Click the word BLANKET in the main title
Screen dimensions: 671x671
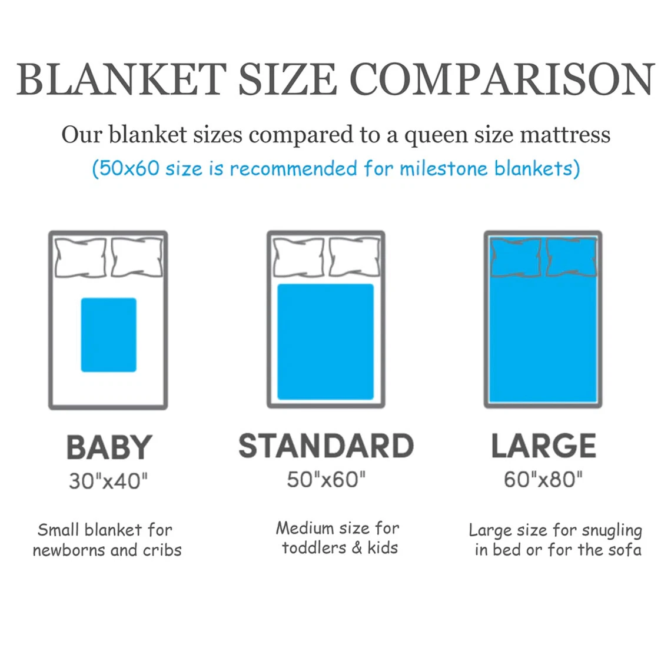121,79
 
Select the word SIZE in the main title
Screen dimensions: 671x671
288,79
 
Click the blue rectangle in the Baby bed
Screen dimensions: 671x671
109,335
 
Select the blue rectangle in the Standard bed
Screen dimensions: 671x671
325,341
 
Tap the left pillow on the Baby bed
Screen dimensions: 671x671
81,258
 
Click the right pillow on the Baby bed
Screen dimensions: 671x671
137,258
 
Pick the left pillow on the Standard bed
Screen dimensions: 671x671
298,258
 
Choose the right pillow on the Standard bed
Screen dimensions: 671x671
354,258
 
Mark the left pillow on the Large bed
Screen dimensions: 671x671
516,258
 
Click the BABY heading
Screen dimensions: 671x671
109,447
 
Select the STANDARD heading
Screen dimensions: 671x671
326,446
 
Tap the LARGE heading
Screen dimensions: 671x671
543,446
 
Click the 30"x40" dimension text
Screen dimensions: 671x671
108,481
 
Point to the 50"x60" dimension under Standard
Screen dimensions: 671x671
326,479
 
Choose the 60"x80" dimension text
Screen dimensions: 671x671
543,479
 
